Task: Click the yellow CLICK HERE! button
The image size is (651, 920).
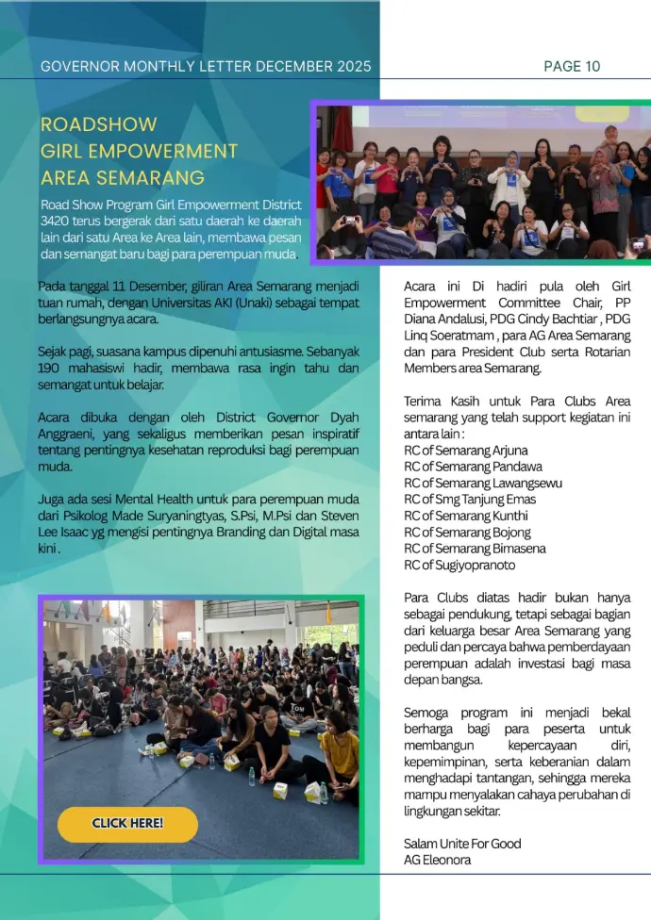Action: pos(127,823)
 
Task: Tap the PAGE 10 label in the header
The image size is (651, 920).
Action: pos(572,66)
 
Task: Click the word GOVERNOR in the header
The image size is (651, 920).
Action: pos(80,67)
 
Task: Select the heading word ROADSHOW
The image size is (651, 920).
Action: pos(98,124)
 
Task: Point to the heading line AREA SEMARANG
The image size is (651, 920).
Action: pos(123,177)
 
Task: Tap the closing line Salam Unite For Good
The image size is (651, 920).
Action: pos(462,844)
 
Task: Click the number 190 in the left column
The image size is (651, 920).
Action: pos(51,369)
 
